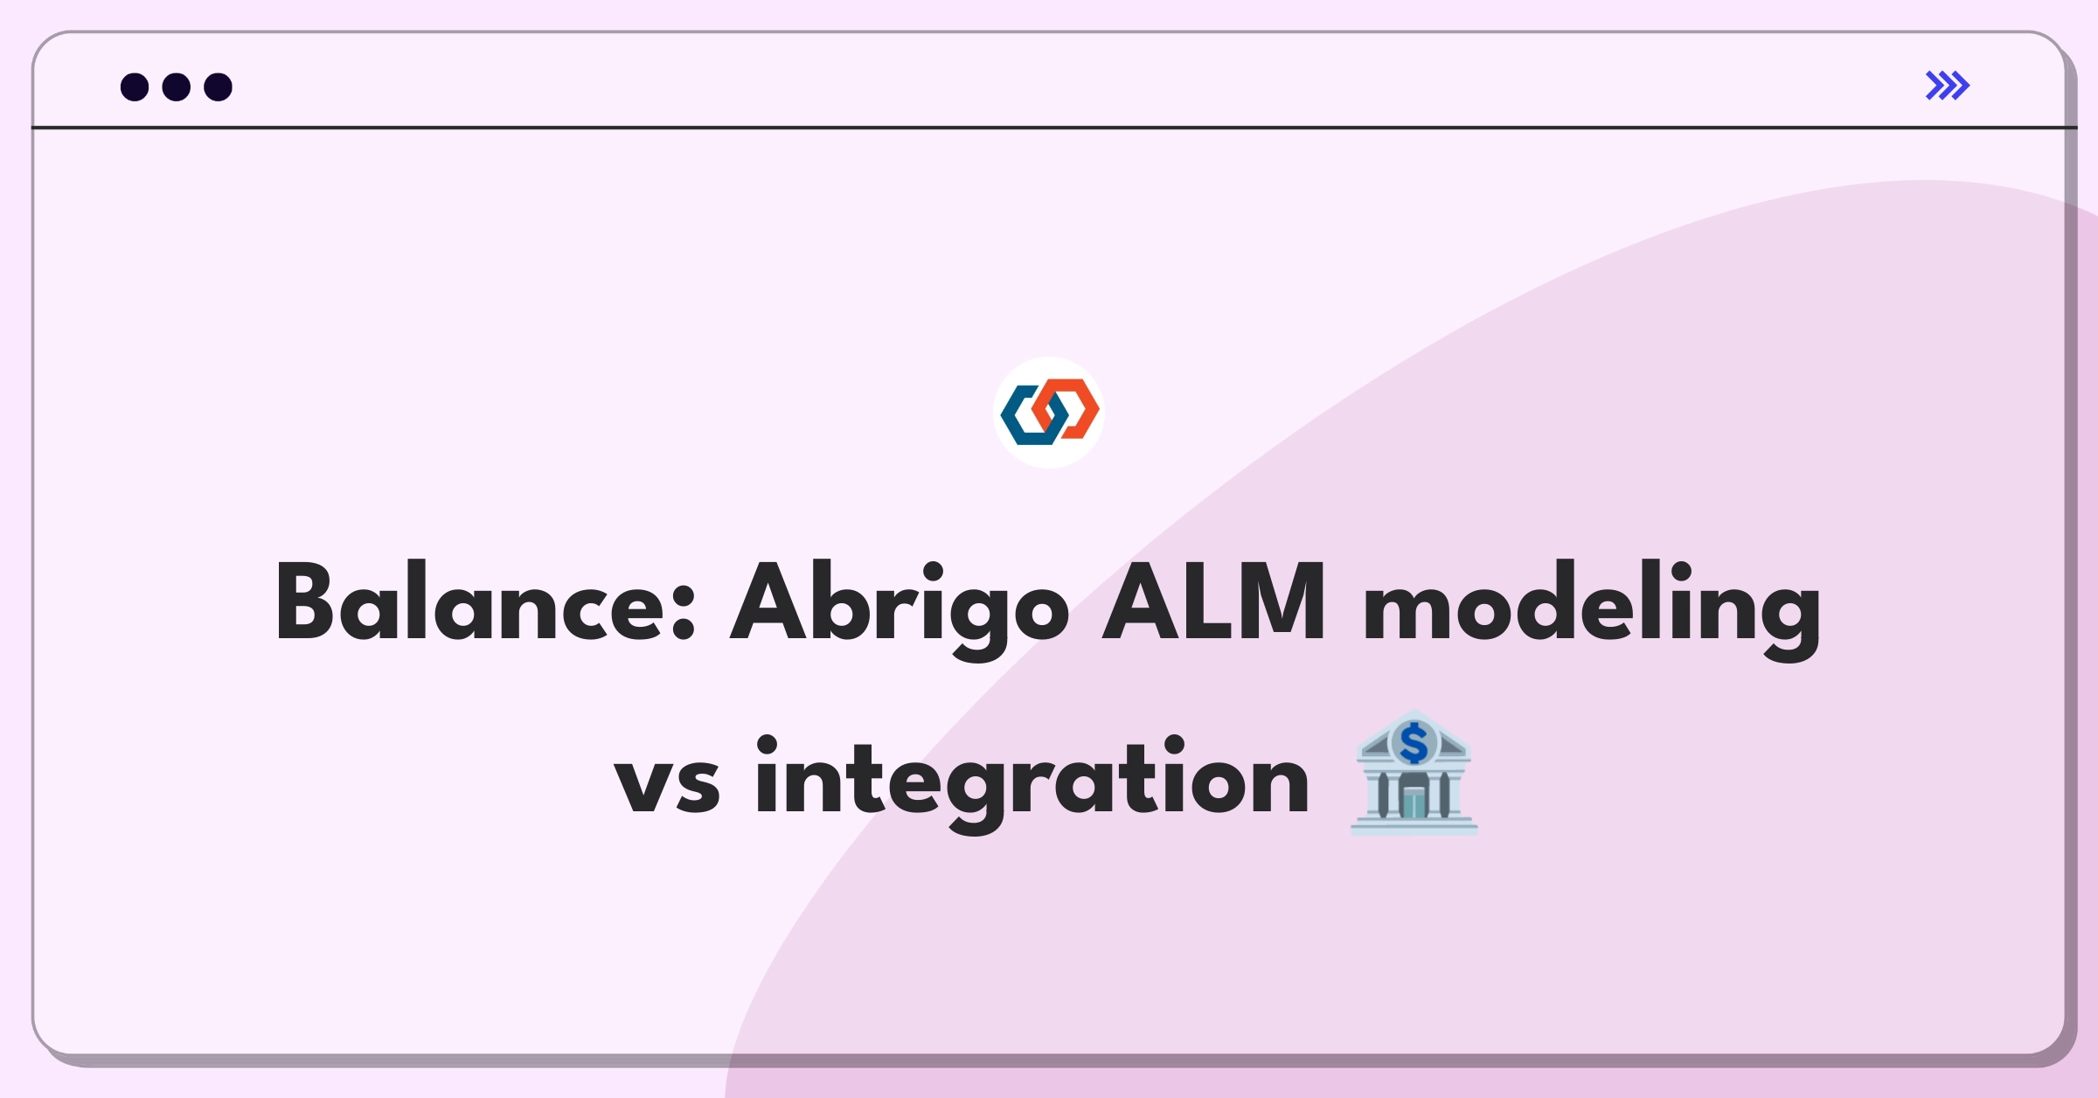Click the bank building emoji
pos(1414,774)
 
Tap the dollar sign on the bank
pos(1414,743)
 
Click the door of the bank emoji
pos(1414,802)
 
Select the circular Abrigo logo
pos(1049,412)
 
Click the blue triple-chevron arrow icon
pos(1947,86)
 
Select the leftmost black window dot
pos(135,87)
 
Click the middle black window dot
pos(177,87)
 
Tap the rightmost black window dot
pos(219,87)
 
